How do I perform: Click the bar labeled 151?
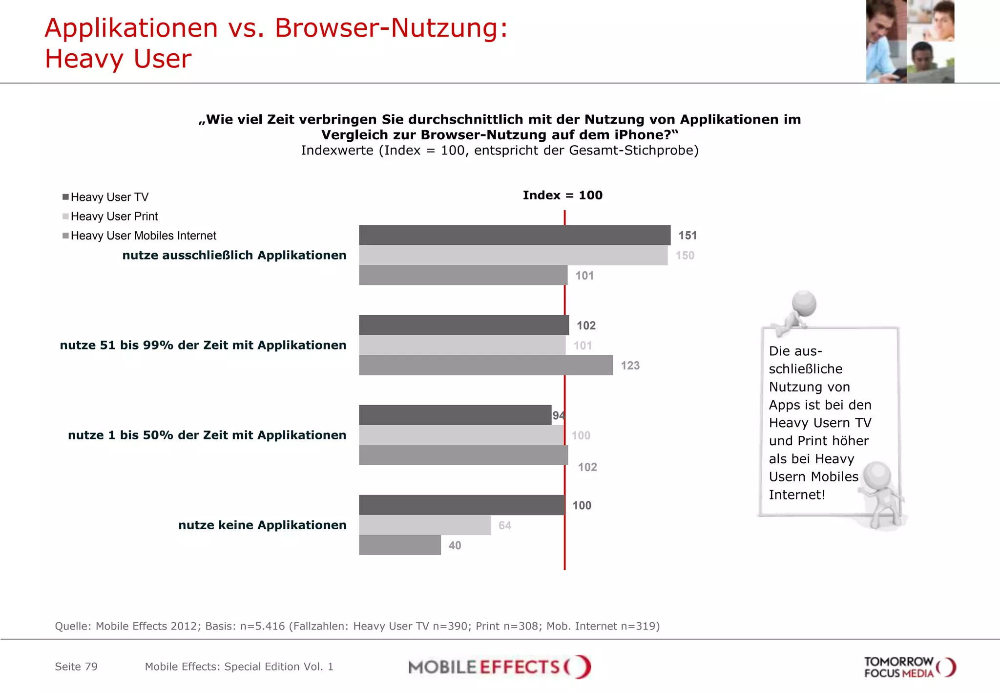tap(514, 235)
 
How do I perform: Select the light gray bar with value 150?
tap(513, 255)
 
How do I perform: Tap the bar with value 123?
tap(485, 365)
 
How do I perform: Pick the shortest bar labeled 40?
tap(399, 545)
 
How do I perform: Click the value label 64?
tap(504, 525)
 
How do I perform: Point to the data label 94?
tap(559, 415)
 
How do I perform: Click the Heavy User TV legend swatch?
tap(65, 197)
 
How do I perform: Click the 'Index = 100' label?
tap(562, 195)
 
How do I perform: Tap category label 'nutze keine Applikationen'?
tap(262, 525)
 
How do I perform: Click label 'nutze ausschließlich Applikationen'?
tap(234, 255)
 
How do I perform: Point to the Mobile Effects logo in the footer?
tap(499, 667)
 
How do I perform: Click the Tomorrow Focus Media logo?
tap(909, 667)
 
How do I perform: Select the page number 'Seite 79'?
tap(76, 667)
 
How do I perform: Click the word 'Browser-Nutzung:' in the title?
tap(391, 28)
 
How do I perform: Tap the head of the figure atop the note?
tap(804, 303)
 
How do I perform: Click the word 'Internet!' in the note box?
tap(796, 495)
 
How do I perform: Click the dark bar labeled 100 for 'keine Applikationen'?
tap(461, 505)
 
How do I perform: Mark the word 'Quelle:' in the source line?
tap(73, 626)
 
